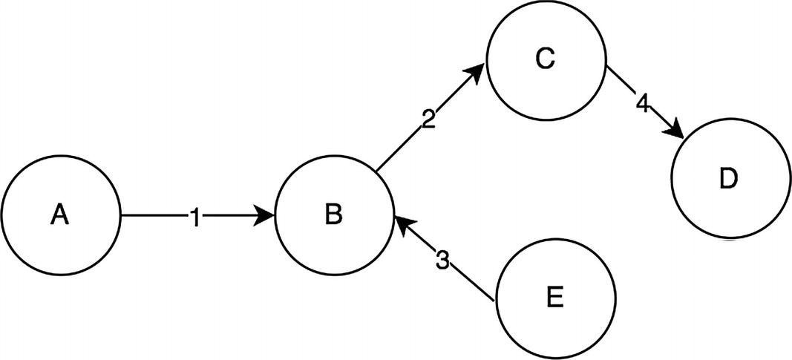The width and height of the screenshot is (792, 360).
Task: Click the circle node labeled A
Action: pyautogui.click(x=60, y=215)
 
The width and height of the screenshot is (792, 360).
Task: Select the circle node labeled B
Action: pyautogui.click(x=334, y=215)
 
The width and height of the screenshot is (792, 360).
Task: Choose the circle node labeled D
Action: pyautogui.click(x=730, y=179)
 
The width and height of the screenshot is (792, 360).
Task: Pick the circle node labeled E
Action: pyautogui.click(x=555, y=298)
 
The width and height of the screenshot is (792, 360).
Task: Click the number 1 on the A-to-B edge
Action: pyautogui.click(x=194, y=217)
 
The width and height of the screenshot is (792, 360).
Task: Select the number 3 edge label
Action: pyautogui.click(x=442, y=260)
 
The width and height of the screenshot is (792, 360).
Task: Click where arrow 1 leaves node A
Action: pyautogui.click(x=121, y=216)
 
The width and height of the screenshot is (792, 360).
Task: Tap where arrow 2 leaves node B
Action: pyautogui.click(x=377, y=173)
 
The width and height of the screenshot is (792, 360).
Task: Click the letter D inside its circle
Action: pyautogui.click(x=730, y=180)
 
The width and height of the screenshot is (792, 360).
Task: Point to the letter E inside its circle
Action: pyautogui.click(x=555, y=298)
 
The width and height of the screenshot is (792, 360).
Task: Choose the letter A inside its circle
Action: pyautogui.click(x=60, y=215)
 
